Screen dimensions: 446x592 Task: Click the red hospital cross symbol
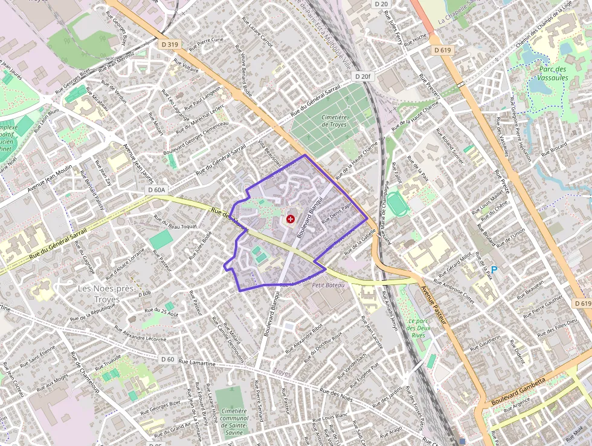pos(291,218)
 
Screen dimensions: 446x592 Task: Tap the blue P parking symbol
pos(494,270)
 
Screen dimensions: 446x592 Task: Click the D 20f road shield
pos(362,76)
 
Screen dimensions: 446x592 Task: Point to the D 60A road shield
pos(156,190)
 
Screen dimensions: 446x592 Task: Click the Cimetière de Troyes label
pos(334,120)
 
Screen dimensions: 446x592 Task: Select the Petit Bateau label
pos(328,285)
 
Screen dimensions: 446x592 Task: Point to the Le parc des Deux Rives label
pos(417,328)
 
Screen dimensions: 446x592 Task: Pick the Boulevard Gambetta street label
pos(518,392)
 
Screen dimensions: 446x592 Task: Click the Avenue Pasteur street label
pos(437,306)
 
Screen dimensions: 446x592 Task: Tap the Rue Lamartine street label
pos(197,362)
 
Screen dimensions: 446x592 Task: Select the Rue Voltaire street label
pos(186,66)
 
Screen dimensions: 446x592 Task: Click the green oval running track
pos(397,204)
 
